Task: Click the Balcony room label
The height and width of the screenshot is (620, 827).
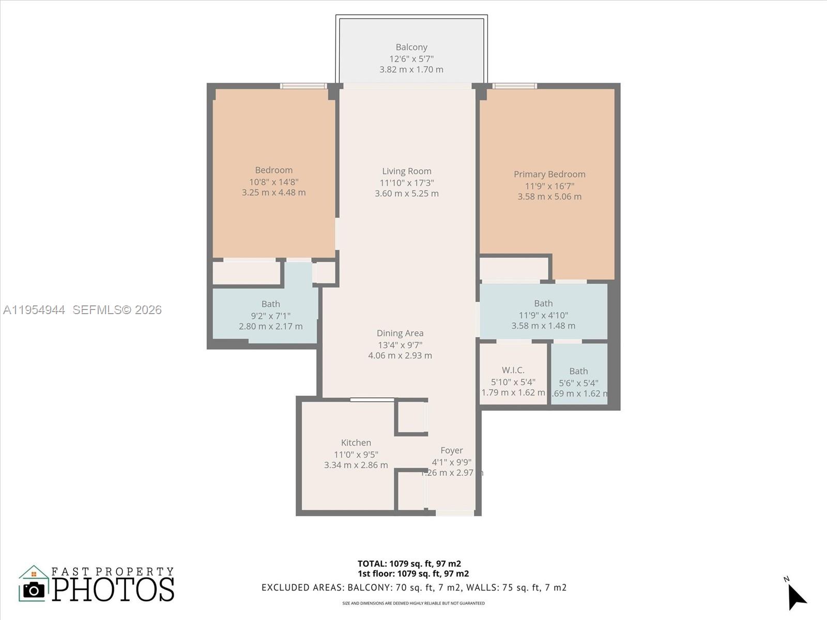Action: tap(411, 47)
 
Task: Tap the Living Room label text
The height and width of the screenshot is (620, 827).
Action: tap(407, 171)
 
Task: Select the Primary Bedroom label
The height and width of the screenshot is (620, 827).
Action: tap(549, 174)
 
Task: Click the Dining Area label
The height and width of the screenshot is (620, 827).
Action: tap(400, 333)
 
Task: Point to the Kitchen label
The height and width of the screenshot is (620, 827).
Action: tap(356, 443)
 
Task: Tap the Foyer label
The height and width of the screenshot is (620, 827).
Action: tap(452, 451)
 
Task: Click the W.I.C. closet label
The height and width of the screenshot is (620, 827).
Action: tap(513, 370)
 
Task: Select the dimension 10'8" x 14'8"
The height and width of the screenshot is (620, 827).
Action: tap(274, 182)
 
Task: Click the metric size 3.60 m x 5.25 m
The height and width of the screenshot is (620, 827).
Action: tap(407, 194)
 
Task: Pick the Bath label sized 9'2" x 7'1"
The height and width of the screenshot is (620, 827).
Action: tap(271, 304)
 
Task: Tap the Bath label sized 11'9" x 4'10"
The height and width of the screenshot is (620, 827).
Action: tap(543, 303)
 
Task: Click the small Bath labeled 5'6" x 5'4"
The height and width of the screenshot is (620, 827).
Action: tap(578, 371)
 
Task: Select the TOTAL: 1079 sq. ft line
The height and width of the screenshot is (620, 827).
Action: tap(409, 564)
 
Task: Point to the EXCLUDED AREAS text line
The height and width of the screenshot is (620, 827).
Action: tap(414, 587)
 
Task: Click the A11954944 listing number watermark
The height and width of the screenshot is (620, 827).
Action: tap(34, 310)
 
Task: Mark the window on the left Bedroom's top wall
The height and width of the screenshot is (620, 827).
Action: tap(303, 86)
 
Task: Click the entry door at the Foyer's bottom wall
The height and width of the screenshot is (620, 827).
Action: tap(455, 513)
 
